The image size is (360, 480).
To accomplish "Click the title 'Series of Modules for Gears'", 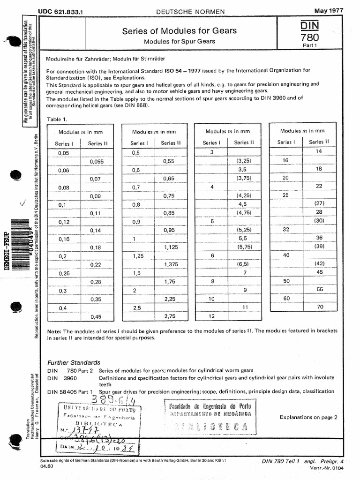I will [179, 31].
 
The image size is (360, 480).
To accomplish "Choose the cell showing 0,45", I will [96, 316].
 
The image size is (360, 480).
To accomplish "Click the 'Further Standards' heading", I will [74, 362].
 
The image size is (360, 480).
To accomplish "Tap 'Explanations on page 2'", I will [308, 417].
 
